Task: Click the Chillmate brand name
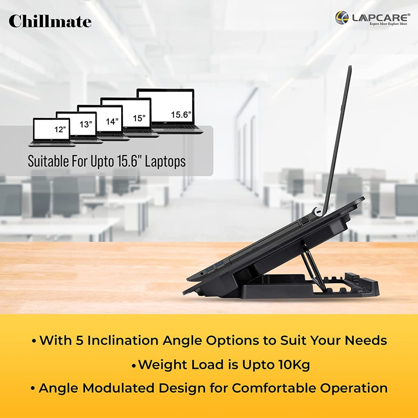(50, 21)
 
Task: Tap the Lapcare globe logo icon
(342, 17)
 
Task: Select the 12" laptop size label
(60, 130)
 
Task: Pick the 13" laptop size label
(86, 124)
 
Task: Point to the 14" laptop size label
(112, 122)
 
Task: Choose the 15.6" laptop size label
(181, 115)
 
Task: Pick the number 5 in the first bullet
(79, 340)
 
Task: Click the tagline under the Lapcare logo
(388, 24)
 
